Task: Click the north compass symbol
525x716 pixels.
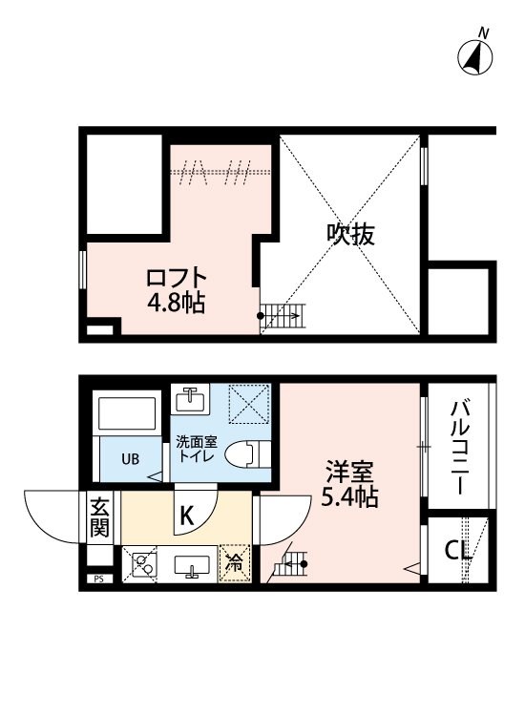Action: [x=477, y=56]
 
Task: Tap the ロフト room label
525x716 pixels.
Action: [x=176, y=278]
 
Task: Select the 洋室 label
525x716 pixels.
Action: [x=343, y=471]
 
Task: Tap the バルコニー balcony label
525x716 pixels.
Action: [x=459, y=447]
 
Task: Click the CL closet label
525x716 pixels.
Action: [x=458, y=551]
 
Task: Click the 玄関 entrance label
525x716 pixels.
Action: [x=99, y=516]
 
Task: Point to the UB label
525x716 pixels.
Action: [x=130, y=458]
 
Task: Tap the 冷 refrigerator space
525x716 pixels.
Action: [x=233, y=563]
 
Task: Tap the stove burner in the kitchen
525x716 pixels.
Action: [x=144, y=564]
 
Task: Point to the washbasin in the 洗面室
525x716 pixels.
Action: [x=191, y=397]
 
